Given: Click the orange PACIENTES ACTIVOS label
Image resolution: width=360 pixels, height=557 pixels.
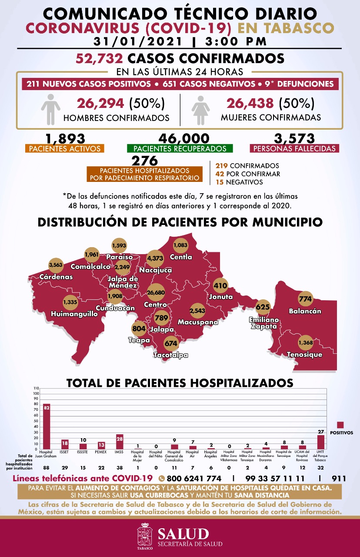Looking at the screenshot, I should point(65,148).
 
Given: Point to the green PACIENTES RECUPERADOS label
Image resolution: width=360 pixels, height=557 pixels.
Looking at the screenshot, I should point(180,148).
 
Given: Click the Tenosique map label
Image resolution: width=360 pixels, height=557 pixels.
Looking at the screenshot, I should point(304,355).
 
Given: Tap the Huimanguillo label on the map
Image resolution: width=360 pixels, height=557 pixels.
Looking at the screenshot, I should point(74,313).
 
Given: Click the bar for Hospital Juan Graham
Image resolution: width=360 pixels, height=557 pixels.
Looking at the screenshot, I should point(47,426).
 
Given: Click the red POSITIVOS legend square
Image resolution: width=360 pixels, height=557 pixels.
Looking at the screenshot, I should point(340,425).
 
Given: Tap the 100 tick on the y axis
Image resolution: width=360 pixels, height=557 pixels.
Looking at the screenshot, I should point(36,393).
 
